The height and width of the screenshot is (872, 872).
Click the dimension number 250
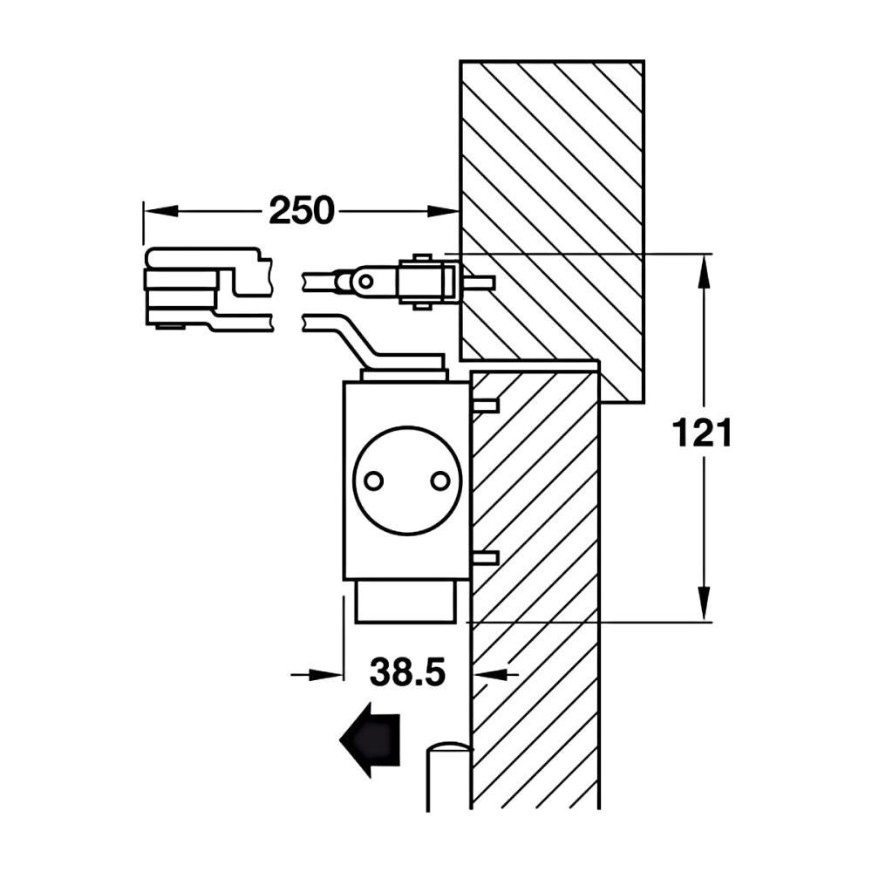click(302, 211)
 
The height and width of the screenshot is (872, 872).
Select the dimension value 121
click(702, 433)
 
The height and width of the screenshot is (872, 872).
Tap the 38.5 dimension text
click(407, 671)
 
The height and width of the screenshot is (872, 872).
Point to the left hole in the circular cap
click(374, 480)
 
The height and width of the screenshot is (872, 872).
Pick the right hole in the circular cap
click(440, 480)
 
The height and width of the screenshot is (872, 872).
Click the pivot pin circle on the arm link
click(365, 282)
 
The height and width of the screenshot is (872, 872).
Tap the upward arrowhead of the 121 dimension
click(704, 269)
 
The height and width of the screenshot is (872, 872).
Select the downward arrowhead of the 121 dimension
click(704, 604)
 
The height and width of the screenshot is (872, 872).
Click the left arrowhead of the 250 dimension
click(160, 211)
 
